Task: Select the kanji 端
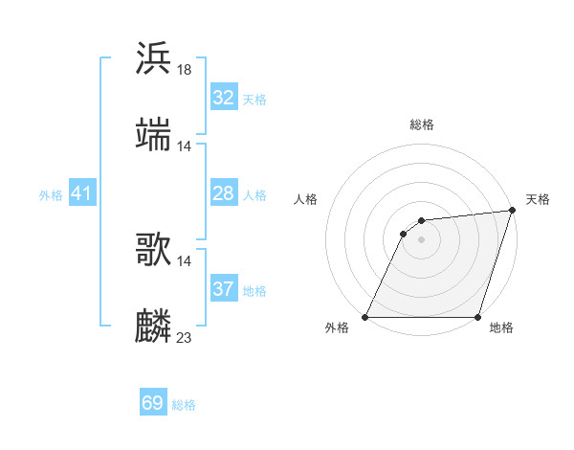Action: pyautogui.click(x=153, y=135)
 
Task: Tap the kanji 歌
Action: pyautogui.click(x=153, y=250)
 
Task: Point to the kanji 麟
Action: pyautogui.click(x=153, y=326)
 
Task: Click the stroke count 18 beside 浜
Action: pyautogui.click(x=185, y=69)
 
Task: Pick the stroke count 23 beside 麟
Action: pyautogui.click(x=185, y=337)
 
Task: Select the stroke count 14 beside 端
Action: pyautogui.click(x=185, y=146)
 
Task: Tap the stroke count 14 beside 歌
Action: pyautogui.click(x=185, y=260)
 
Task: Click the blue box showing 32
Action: pyautogui.click(x=224, y=98)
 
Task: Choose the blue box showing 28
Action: pyautogui.click(x=224, y=193)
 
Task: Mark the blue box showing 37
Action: pyautogui.click(x=224, y=289)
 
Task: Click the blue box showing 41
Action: pyautogui.click(x=82, y=193)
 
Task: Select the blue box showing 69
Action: pyautogui.click(x=153, y=403)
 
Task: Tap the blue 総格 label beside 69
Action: pyautogui.click(x=184, y=405)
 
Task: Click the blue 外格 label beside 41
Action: pyautogui.click(x=51, y=195)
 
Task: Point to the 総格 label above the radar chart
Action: pyautogui.click(x=421, y=124)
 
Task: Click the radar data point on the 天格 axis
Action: pyautogui.click(x=512, y=211)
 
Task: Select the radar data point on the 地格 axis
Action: pyautogui.click(x=477, y=317)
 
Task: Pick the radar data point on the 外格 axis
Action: pyautogui.click(x=364, y=317)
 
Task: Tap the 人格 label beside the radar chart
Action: pyautogui.click(x=306, y=199)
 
